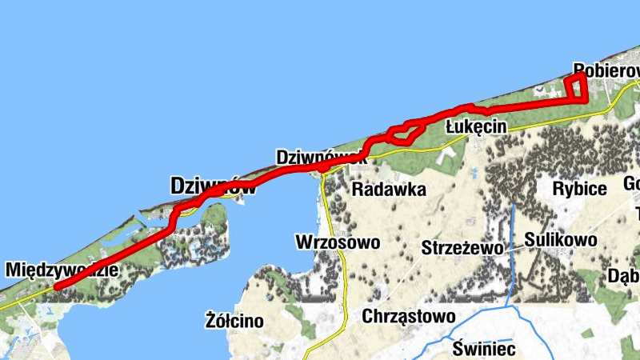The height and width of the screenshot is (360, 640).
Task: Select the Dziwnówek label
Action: pos(320,157)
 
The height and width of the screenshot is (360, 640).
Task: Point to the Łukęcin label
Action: pos(476,126)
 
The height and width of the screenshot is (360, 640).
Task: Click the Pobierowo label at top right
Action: pos(608,70)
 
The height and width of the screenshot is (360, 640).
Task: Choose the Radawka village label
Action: pos(389,190)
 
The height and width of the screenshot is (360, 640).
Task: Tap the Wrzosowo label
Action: pos(337,241)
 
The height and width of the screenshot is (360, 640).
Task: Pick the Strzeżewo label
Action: pos(462,247)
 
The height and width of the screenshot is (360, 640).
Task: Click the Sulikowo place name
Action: pos(561,239)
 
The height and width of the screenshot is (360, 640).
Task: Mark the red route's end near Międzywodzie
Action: pos(58,285)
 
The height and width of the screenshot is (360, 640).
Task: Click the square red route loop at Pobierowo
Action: pos(576,86)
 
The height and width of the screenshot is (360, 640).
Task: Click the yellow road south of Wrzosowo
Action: pos(344,288)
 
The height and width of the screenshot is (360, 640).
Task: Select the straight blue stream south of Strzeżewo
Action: pos(510,256)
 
